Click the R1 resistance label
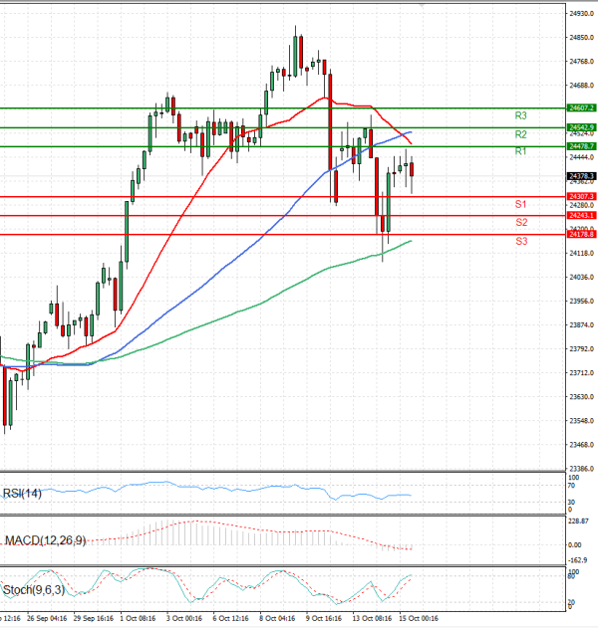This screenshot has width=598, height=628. [520, 151]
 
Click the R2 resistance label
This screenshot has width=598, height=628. [520, 133]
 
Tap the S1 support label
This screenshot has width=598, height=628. [521, 204]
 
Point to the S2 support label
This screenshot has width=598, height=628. [521, 222]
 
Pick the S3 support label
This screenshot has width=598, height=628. [521, 241]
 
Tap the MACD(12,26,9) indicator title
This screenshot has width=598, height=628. [44, 539]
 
